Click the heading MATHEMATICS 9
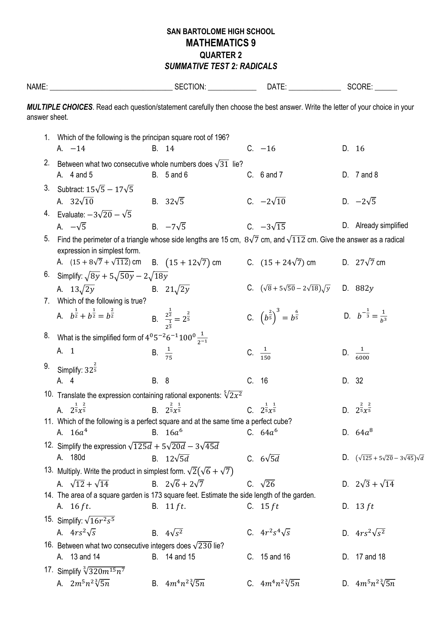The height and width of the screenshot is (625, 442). tap(220, 43)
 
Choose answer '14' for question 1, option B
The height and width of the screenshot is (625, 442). tap(170, 149)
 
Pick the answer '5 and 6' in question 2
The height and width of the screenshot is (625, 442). tap(176, 175)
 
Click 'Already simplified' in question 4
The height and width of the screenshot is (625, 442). tap(381, 226)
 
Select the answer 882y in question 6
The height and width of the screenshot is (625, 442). tap(364, 289)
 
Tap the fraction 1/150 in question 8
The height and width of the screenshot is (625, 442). tap(265, 353)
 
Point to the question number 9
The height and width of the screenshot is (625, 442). tap(47, 366)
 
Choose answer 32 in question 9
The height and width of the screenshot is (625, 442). tap(359, 381)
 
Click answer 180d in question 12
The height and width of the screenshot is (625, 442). tap(78, 458)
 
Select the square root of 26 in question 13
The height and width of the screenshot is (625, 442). tap(267, 484)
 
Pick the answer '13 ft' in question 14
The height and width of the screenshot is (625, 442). tap(365, 506)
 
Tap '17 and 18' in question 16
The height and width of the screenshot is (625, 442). tap(370, 557)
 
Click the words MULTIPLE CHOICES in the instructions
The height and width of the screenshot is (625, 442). tap(60, 107)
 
